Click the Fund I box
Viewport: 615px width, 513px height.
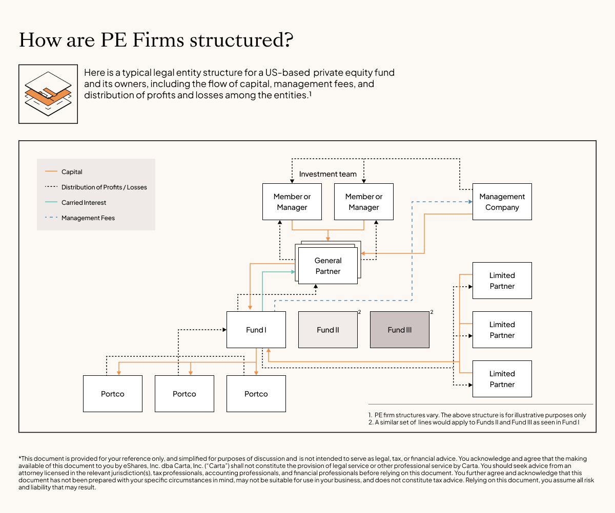click(256, 330)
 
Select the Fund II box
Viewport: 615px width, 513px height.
click(328, 330)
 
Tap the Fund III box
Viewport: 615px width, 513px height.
click(400, 330)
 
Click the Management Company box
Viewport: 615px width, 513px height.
click(502, 202)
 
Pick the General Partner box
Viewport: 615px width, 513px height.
click(328, 266)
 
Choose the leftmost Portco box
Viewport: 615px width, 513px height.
click(113, 394)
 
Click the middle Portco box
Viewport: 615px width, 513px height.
click(184, 394)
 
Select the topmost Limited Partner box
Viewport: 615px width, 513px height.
click(502, 281)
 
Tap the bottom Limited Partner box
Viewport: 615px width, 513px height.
click(502, 379)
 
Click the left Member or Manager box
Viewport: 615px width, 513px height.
click(292, 202)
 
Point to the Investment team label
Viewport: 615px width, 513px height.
click(327, 174)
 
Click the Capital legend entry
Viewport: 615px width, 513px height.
click(72, 172)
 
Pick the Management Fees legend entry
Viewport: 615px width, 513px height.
click(88, 218)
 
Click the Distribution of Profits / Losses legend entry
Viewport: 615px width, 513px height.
click(104, 187)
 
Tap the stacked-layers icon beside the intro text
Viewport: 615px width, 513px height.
click(48, 94)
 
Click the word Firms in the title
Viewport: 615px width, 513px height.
click(162, 40)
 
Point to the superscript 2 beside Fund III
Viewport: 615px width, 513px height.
click(432, 312)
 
